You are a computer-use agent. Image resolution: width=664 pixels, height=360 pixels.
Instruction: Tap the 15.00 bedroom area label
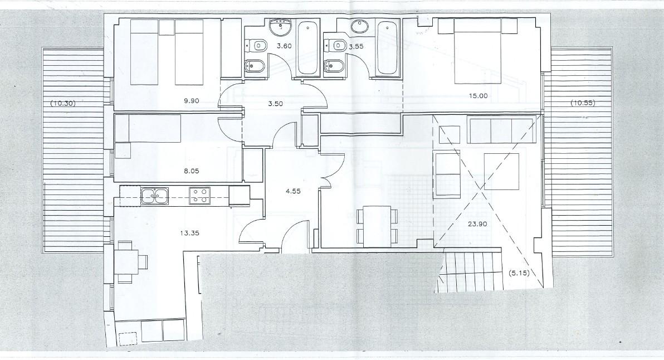point(477,96)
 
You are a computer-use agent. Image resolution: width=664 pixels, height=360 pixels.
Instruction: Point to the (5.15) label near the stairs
point(519,273)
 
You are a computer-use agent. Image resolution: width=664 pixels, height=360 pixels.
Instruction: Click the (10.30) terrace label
point(63,103)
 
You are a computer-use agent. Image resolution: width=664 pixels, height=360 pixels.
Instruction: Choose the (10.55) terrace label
point(583,103)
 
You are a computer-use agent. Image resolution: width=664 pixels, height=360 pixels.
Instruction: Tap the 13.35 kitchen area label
point(189,233)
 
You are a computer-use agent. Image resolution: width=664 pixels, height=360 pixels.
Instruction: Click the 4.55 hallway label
point(293,191)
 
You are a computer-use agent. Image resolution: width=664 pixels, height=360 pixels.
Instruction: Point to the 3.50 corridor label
point(276,103)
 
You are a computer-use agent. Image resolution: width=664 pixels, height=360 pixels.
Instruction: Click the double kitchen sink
point(154,196)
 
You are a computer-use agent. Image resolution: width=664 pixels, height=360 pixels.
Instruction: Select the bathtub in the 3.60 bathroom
point(307,48)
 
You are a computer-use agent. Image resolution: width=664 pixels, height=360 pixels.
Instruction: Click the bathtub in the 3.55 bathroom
point(388,48)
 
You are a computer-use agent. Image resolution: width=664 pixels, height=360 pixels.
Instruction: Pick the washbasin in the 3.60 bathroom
point(280,27)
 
